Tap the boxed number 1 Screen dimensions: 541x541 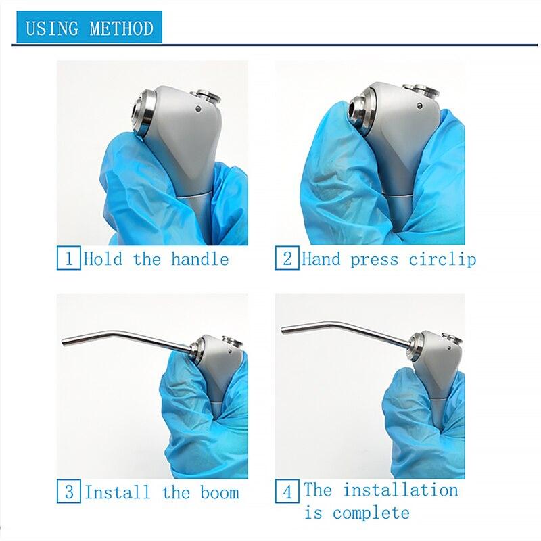tap(68, 259)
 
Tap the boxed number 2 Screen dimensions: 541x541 tap(286, 259)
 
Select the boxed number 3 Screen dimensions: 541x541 tap(68, 492)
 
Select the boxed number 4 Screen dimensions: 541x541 tap(287, 492)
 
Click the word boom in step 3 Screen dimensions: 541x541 tap(219, 492)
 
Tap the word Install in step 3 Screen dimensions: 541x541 tap(118, 492)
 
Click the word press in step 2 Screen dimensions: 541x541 tap(374, 259)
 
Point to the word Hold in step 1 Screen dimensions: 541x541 tap(103, 259)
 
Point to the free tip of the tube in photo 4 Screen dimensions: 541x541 tap(284, 330)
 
